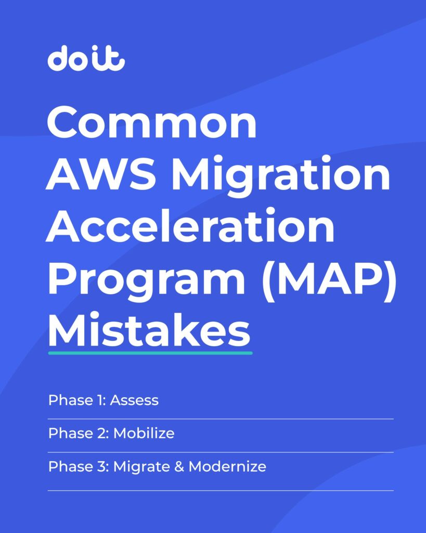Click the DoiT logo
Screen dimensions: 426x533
click(86, 58)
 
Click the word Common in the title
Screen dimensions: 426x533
click(151, 122)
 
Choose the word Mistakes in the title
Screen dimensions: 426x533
click(149, 329)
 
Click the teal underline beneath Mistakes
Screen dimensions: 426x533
click(150, 353)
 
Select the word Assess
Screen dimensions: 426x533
click(134, 400)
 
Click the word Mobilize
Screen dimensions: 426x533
click(144, 433)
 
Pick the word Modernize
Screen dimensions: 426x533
click(227, 466)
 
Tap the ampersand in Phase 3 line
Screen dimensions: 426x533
click(179, 466)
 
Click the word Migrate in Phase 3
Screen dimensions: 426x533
click(143, 467)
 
